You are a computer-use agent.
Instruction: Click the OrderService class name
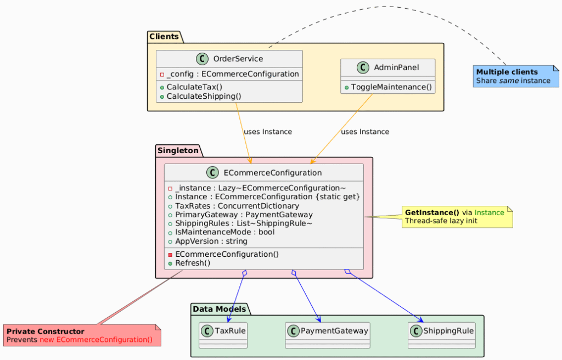(238, 59)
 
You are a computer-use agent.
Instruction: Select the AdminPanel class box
(388, 76)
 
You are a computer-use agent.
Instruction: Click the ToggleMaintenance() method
(391, 87)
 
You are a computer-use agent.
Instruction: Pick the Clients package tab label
(164, 37)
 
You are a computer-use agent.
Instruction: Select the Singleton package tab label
(178, 150)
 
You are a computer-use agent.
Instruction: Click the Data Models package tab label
(220, 309)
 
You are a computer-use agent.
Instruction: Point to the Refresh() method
(193, 263)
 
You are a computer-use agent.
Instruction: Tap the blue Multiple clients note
(516, 76)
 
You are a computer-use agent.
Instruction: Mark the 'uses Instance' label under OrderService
(267, 132)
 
